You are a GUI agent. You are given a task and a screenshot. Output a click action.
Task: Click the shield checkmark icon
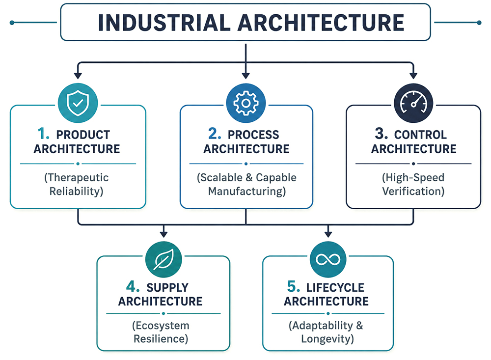pyautogui.click(x=78, y=103)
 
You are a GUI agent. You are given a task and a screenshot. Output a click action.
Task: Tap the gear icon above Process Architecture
pyautogui.click(x=246, y=103)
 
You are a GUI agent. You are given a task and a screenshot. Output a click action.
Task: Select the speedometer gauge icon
pyautogui.click(x=413, y=103)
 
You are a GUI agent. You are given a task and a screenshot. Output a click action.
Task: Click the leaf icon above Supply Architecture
pyautogui.click(x=164, y=259)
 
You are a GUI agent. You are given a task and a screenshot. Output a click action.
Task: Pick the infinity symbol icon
pyautogui.click(x=328, y=259)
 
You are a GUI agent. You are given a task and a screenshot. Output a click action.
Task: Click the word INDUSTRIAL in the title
pyautogui.click(x=164, y=23)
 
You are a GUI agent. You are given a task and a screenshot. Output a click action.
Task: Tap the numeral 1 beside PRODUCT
pyautogui.click(x=43, y=134)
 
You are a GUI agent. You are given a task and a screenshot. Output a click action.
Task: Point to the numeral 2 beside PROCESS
pyautogui.click(x=215, y=134)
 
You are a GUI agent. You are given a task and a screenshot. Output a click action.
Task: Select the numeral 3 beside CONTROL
pyautogui.click(x=382, y=134)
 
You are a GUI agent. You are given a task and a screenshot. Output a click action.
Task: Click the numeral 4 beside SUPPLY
pyautogui.click(x=133, y=286)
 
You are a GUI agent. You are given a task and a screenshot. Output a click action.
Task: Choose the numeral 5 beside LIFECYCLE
pyautogui.click(x=294, y=286)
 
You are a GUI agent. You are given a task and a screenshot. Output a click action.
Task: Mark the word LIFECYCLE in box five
pyautogui.click(x=335, y=287)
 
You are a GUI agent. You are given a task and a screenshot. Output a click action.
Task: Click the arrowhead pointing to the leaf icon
pyautogui.click(x=164, y=234)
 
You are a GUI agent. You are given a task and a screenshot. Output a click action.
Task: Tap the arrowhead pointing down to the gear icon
pyautogui.click(x=246, y=76)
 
